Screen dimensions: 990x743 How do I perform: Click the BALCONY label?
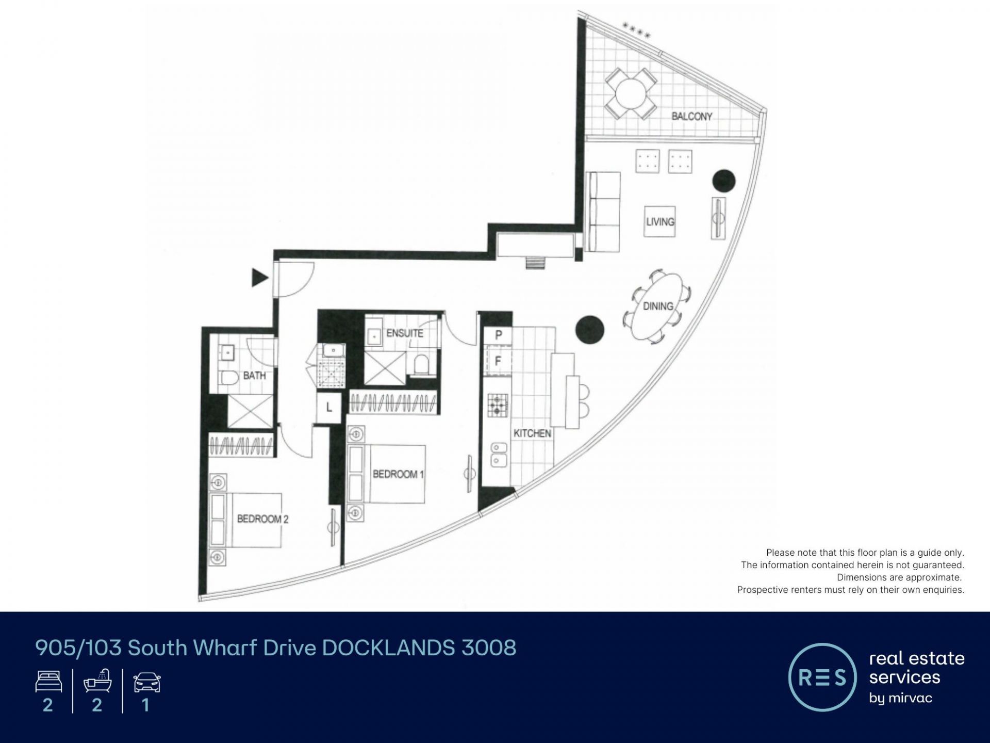click(x=691, y=116)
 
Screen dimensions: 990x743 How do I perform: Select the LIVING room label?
click(x=660, y=221)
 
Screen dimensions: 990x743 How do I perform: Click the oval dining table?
click(x=658, y=306)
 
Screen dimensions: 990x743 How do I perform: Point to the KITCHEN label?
click(x=532, y=433)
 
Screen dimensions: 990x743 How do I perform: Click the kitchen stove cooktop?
click(x=498, y=405)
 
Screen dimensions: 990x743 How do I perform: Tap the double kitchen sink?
click(x=498, y=454)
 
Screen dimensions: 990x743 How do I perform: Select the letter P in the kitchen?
click(x=498, y=335)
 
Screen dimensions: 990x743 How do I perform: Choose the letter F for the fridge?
click(x=498, y=361)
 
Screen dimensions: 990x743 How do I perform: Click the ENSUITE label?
click(x=405, y=333)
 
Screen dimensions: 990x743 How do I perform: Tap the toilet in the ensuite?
click(x=421, y=364)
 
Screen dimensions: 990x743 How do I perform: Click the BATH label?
click(x=255, y=376)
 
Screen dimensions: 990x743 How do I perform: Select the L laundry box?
click(x=329, y=408)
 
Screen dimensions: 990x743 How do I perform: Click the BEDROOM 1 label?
click(x=398, y=474)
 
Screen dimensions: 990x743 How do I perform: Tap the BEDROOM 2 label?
click(x=262, y=519)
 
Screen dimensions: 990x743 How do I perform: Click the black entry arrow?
click(x=259, y=278)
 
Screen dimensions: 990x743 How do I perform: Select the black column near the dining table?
click(x=589, y=330)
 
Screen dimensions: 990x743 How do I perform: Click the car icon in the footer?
click(x=147, y=683)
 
